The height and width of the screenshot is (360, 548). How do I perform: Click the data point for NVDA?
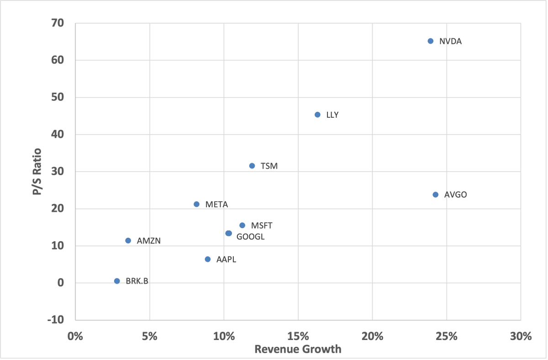[430, 41]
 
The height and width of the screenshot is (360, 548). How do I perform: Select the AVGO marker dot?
[435, 195]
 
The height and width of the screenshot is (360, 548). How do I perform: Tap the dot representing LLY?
[317, 115]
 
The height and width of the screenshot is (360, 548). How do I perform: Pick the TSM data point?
[252, 166]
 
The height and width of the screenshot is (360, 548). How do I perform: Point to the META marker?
[196, 204]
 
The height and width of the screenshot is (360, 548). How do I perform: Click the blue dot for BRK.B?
[117, 281]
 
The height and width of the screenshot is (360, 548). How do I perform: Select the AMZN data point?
[128, 240]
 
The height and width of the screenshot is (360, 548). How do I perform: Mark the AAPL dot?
[208, 259]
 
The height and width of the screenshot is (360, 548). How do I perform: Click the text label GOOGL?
[250, 237]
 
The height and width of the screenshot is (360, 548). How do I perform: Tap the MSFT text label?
[262, 226]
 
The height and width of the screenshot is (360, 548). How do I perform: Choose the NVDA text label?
[450, 42]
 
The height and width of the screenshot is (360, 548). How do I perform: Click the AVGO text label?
[455, 195]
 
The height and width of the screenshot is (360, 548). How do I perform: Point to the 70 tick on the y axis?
[58, 23]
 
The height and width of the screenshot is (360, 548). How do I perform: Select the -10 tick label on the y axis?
[56, 320]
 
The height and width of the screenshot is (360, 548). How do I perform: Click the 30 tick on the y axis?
[58, 172]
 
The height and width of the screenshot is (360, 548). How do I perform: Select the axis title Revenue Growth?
[298, 350]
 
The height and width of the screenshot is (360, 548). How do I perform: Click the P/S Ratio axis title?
[37, 172]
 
